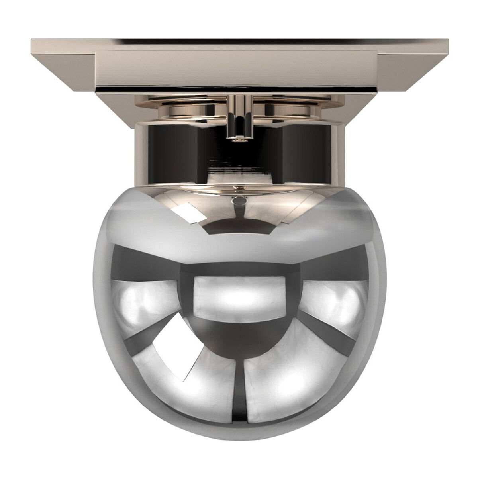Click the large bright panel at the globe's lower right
(x=287, y=382)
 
